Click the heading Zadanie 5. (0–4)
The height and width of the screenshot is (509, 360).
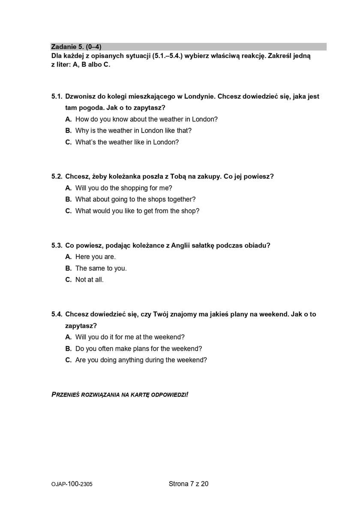point(76,46)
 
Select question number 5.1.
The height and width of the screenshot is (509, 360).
point(57,96)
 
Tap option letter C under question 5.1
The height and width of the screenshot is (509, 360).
point(68,142)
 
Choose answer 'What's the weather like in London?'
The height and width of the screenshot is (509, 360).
point(127,142)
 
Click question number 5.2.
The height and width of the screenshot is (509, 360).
point(57,176)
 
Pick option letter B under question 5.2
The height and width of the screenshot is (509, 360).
point(68,199)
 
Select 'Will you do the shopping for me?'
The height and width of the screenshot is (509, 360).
point(123,188)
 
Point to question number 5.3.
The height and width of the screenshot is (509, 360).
point(57,245)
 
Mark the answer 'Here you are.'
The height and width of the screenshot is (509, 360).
point(96,257)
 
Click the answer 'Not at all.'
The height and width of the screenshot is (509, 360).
point(90,280)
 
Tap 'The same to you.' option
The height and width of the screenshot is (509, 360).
point(101,268)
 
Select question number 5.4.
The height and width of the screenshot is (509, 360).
point(57,314)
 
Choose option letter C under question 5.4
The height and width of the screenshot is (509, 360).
point(68,360)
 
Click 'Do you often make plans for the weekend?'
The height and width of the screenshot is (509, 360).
point(138,349)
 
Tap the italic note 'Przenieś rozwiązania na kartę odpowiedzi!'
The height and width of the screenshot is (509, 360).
point(120,394)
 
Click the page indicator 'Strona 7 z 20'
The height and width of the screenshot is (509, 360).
point(189,484)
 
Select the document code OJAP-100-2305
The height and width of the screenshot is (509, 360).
point(72,484)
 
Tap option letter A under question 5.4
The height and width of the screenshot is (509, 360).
point(68,337)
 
